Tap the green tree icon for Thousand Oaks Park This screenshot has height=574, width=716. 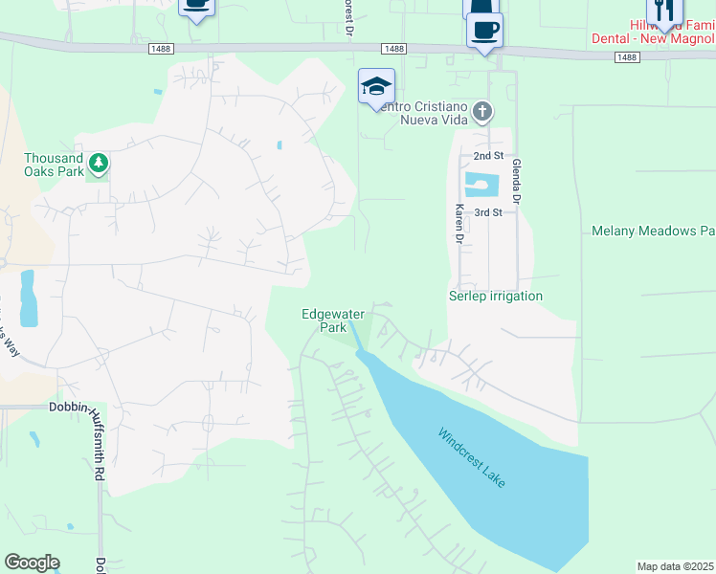[x=97, y=164]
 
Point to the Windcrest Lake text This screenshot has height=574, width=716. [x=472, y=458]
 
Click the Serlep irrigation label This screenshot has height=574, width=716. [x=496, y=297]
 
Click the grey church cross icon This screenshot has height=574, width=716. [x=483, y=112]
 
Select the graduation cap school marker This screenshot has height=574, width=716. [x=376, y=88]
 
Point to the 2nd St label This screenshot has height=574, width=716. [x=488, y=156]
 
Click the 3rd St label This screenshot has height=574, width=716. [x=488, y=212]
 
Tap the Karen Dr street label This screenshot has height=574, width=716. [x=459, y=222]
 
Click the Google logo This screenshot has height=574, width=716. [x=32, y=563]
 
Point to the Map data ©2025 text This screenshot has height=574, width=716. [x=675, y=566]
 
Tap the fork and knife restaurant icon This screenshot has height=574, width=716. [x=663, y=10]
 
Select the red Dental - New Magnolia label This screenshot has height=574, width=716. [x=673, y=39]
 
